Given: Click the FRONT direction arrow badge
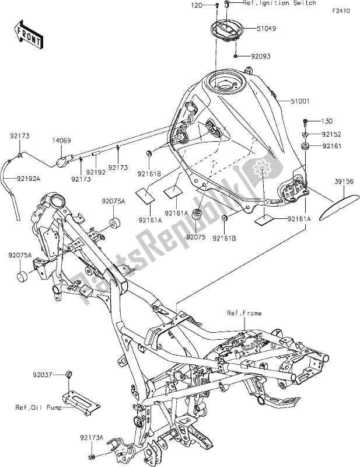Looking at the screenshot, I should pyautogui.click(x=29, y=34).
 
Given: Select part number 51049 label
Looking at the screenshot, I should pyautogui.click(x=265, y=27).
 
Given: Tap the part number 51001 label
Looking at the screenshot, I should pyautogui.click(x=301, y=101).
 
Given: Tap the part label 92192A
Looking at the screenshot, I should pyautogui.click(x=29, y=179).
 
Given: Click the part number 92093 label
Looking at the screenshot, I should pyautogui.click(x=263, y=57).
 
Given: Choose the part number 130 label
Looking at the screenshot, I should pyautogui.click(x=326, y=121).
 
